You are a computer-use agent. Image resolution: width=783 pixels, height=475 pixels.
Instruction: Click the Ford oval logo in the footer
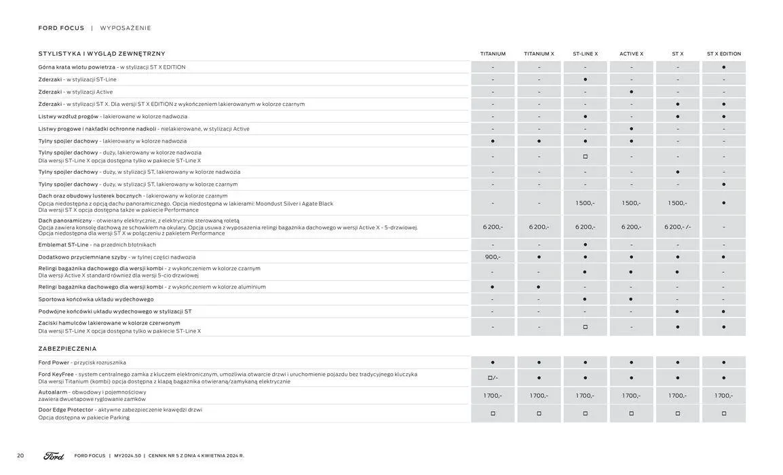(x=54, y=456)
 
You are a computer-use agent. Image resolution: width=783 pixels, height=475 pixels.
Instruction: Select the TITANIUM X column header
(x=539, y=54)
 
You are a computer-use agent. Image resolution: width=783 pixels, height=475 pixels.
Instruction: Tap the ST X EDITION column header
(x=723, y=54)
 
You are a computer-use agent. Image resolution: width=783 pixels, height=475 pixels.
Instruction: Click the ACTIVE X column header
(x=631, y=54)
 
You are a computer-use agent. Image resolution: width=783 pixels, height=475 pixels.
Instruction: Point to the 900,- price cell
(x=493, y=257)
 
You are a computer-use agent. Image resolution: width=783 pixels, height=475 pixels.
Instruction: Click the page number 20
(x=20, y=456)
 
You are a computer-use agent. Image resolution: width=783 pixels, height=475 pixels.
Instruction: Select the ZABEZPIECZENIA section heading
(x=67, y=349)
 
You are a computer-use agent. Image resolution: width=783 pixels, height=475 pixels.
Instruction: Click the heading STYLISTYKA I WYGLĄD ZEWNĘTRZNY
(x=102, y=54)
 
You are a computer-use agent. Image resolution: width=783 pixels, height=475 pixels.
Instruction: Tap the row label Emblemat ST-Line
(x=63, y=245)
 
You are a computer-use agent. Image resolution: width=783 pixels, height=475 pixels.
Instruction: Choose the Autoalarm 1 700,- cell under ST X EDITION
(x=723, y=396)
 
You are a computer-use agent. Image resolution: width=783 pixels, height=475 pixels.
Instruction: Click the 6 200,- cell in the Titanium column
(x=493, y=227)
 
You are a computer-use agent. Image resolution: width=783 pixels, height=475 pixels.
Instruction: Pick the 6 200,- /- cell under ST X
(x=677, y=227)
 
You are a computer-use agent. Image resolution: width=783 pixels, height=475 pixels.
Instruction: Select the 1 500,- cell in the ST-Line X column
(x=585, y=203)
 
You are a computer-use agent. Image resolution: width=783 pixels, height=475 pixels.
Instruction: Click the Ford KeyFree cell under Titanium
(x=493, y=378)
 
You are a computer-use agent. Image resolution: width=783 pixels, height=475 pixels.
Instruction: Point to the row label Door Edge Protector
(x=66, y=410)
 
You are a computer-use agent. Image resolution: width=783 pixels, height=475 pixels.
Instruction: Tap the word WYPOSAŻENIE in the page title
(x=126, y=28)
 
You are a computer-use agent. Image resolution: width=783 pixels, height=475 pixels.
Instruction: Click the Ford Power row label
(x=54, y=362)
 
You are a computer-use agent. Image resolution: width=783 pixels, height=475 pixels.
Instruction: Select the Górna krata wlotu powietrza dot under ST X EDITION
(x=723, y=67)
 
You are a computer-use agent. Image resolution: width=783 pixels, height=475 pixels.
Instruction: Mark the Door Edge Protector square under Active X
(x=631, y=413)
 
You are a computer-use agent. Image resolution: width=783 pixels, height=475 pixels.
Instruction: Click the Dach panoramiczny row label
(x=65, y=221)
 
